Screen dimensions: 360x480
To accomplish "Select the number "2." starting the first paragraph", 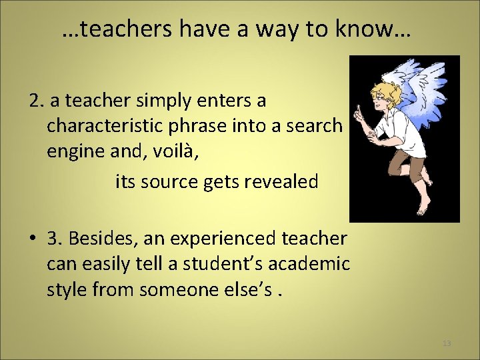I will click(37, 101).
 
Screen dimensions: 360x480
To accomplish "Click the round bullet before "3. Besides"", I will click(31, 239).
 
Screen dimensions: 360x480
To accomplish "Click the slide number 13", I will click(446, 343).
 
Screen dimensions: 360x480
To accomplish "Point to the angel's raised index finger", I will click(359, 109).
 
